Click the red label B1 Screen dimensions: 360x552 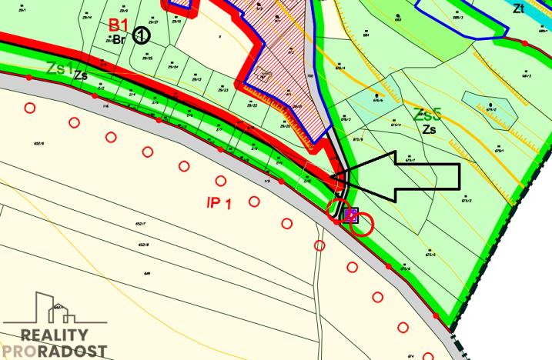[119, 25]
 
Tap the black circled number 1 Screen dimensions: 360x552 [140, 35]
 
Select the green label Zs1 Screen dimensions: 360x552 [57, 67]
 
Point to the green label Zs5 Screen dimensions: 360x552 [427, 115]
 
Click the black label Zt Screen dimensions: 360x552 [540, 10]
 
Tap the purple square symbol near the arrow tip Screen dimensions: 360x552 [350, 214]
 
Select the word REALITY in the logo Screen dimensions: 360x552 [54, 335]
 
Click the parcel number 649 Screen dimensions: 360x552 [146, 273]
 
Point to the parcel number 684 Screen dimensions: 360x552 [366, 35]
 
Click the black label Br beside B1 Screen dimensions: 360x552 [119, 39]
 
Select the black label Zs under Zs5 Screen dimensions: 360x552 [430, 130]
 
